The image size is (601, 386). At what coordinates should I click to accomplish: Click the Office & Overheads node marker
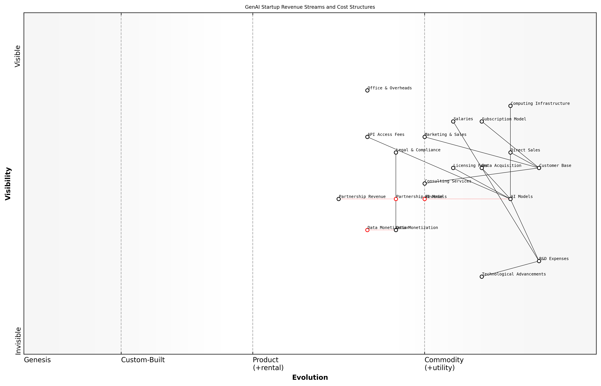(367, 90)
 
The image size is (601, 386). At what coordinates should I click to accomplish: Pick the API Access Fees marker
(367, 137)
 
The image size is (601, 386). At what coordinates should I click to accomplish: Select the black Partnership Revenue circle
(339, 199)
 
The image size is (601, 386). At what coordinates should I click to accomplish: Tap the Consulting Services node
(424, 183)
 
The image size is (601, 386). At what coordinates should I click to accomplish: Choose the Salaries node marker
(453, 122)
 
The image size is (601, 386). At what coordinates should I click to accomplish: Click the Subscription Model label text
(504, 119)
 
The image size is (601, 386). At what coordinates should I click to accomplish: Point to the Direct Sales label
(525, 150)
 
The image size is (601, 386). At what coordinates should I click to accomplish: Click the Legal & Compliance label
(418, 150)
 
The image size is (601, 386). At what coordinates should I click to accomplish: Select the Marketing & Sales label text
(445, 135)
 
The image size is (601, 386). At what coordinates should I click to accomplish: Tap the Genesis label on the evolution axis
(37, 360)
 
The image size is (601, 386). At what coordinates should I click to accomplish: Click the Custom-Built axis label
(143, 360)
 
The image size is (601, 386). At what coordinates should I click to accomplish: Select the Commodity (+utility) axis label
(444, 364)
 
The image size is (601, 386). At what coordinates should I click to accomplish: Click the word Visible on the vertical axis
(18, 56)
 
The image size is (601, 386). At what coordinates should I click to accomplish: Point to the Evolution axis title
(310, 377)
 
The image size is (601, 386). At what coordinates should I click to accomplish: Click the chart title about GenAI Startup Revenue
(310, 7)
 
